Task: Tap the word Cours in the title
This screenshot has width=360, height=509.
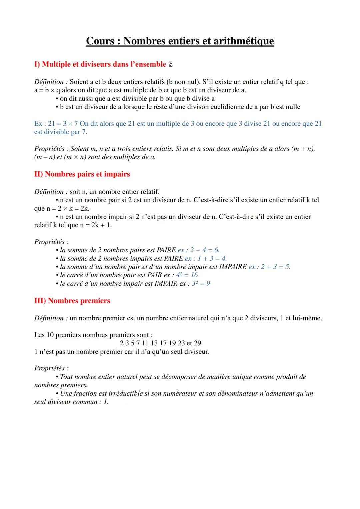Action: pos(100,41)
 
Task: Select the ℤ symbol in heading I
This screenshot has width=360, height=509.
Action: pos(170,64)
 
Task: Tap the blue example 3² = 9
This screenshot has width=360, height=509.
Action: pos(201,283)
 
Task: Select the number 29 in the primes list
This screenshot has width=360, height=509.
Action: pos(197,343)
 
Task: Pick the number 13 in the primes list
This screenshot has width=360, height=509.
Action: pos(154,343)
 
